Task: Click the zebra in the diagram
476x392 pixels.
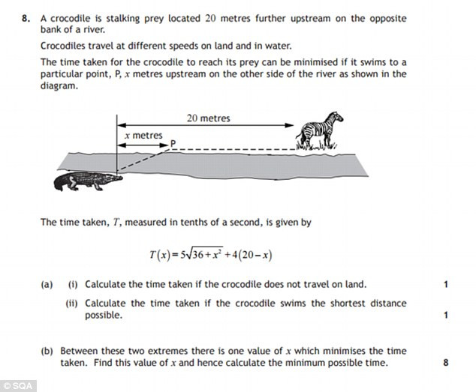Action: coord(319,130)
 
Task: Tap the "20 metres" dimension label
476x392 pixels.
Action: coord(208,118)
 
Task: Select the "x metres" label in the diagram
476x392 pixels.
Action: coord(143,135)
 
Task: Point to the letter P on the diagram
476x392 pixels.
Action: coord(173,142)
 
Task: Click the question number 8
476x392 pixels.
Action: coord(26,16)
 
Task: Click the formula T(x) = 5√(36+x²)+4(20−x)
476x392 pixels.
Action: coord(210,255)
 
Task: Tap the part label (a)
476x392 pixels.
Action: coord(47,285)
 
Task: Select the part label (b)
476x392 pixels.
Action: coord(47,351)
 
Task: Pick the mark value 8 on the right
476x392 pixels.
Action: coord(446,364)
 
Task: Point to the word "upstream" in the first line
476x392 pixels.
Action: coord(272,16)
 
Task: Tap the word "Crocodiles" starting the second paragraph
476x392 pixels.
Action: coord(65,46)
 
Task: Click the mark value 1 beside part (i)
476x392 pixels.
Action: coord(446,285)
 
